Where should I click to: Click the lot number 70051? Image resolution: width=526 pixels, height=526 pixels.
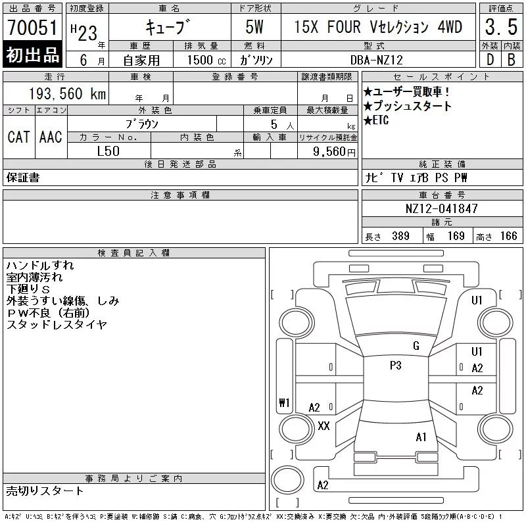[32, 28]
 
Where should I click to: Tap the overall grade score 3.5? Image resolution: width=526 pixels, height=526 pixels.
[501, 27]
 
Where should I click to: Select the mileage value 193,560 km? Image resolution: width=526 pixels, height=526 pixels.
[67, 94]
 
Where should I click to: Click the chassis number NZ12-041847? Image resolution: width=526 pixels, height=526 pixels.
[441, 208]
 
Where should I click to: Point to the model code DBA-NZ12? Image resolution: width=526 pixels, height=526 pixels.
[376, 60]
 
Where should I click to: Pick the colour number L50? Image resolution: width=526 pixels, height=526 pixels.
[108, 151]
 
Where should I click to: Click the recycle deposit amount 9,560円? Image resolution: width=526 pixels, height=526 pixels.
[334, 152]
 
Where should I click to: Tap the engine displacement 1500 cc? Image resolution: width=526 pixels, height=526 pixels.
[206, 60]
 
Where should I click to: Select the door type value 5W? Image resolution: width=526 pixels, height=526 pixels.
[254, 27]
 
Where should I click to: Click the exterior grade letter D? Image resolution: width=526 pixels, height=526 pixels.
[490, 60]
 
